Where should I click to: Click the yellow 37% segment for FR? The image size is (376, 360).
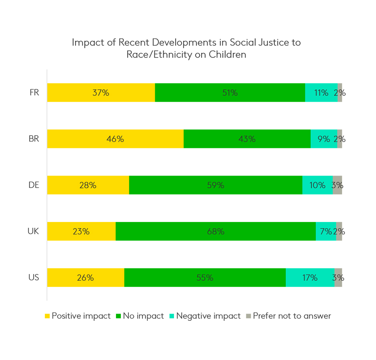[101, 93]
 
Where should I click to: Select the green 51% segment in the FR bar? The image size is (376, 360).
[230, 93]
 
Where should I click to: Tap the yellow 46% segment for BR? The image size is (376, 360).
[115, 139]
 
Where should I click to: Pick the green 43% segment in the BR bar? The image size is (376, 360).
[247, 139]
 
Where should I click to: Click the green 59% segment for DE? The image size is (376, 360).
[216, 185]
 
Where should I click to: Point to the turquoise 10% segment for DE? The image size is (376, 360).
[317, 185]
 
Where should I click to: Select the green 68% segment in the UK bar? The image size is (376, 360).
[216, 231]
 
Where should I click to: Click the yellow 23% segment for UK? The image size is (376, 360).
[81, 231]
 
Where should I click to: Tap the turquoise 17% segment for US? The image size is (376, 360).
[310, 278]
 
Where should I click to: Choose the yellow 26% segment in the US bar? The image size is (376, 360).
[86, 278]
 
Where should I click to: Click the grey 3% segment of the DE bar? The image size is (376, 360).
[337, 185]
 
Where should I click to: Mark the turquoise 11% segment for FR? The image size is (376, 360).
[321, 93]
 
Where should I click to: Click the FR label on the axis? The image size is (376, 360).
[34, 93]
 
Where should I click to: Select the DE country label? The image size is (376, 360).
[34, 185]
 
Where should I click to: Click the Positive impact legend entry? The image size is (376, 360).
[81, 316]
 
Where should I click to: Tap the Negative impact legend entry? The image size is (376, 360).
[208, 316]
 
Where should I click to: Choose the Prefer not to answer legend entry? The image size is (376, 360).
[292, 316]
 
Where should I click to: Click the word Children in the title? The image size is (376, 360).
[227, 55]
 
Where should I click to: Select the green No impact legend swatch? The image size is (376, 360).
[118, 316]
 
